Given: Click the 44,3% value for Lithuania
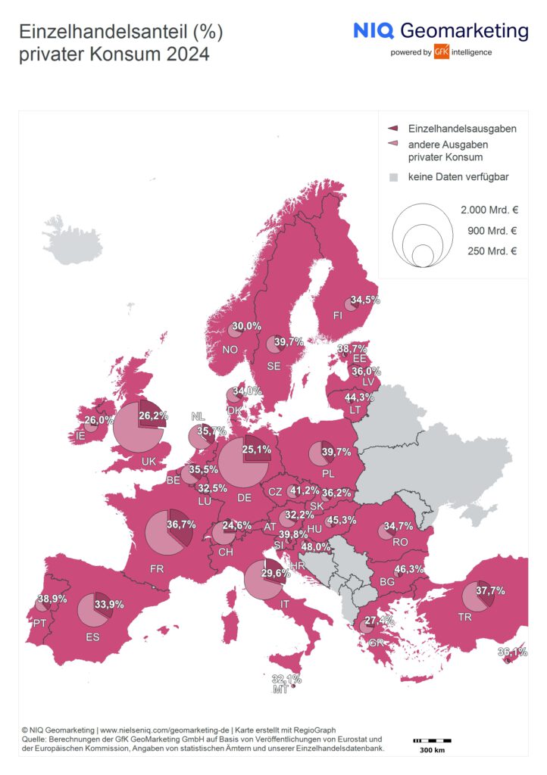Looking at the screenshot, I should [360, 397].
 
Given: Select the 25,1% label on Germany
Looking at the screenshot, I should [256, 450].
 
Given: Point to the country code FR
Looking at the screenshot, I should [158, 568].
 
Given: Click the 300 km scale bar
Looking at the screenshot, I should [432, 739].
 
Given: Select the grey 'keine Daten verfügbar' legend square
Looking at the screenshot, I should [393, 177].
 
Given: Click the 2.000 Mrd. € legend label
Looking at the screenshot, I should [489, 210].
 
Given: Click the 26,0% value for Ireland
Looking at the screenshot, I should [100, 420].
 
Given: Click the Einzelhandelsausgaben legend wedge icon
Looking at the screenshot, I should [392, 129].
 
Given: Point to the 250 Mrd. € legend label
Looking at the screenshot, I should [492, 251].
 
